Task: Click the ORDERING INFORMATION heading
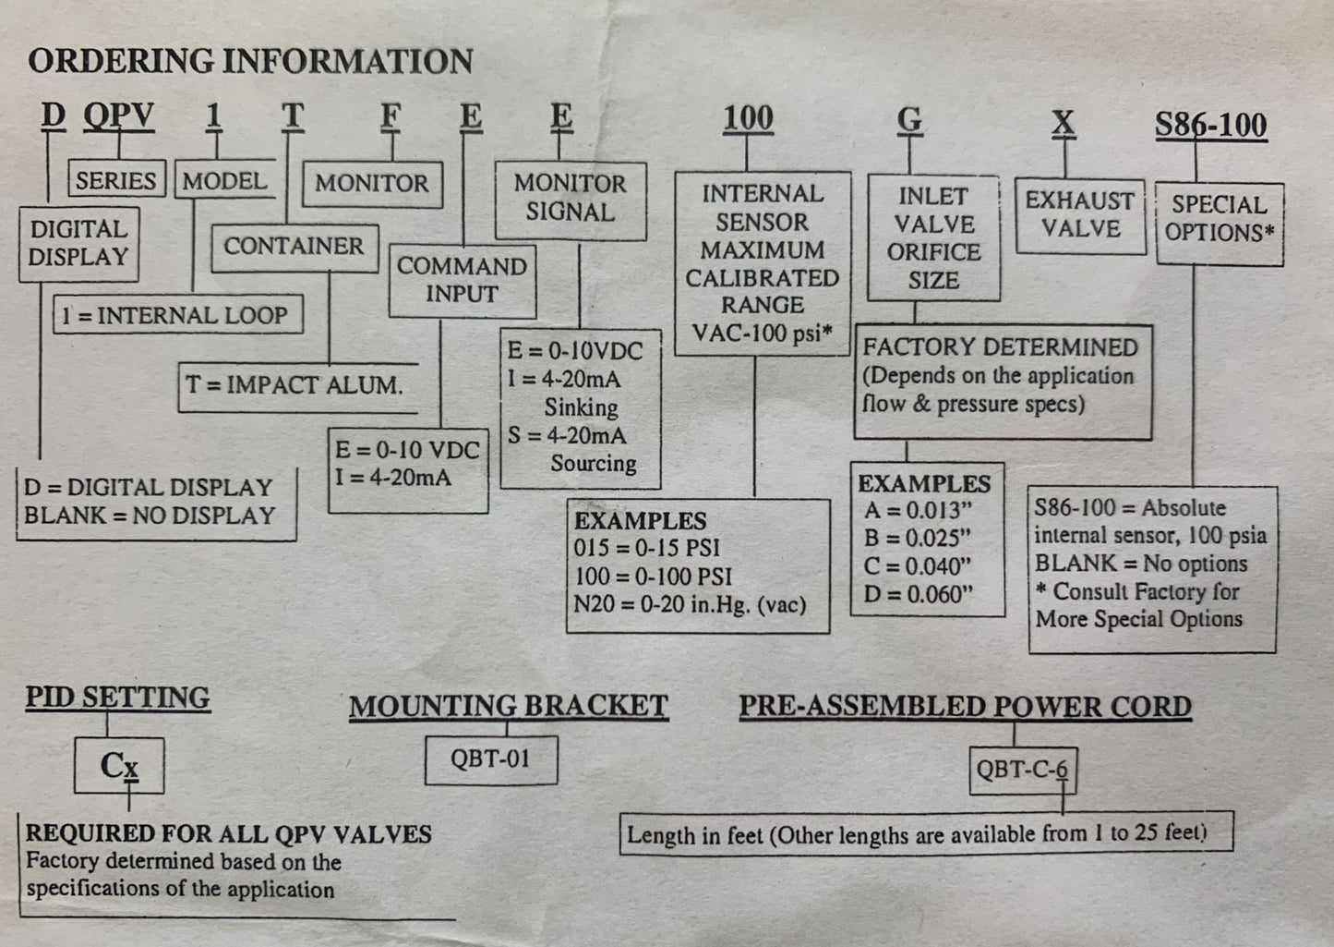[250, 61]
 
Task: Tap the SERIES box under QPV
[116, 179]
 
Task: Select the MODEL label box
[224, 180]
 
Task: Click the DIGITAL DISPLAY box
[78, 243]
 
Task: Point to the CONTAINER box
[294, 246]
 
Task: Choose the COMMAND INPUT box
[462, 280]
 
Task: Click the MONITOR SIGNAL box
[570, 198]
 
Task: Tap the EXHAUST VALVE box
[1079, 214]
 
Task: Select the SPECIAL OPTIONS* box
[1219, 219]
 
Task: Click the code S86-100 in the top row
[1210, 125]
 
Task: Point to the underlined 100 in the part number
[748, 118]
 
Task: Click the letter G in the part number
[909, 120]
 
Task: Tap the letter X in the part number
[1064, 122]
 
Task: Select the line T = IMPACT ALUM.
[294, 385]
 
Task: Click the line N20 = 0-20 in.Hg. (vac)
[690, 605]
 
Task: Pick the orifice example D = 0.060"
[919, 594]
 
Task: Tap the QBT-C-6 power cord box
[1022, 769]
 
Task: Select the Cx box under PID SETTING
[119, 765]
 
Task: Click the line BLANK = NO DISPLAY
[150, 516]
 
